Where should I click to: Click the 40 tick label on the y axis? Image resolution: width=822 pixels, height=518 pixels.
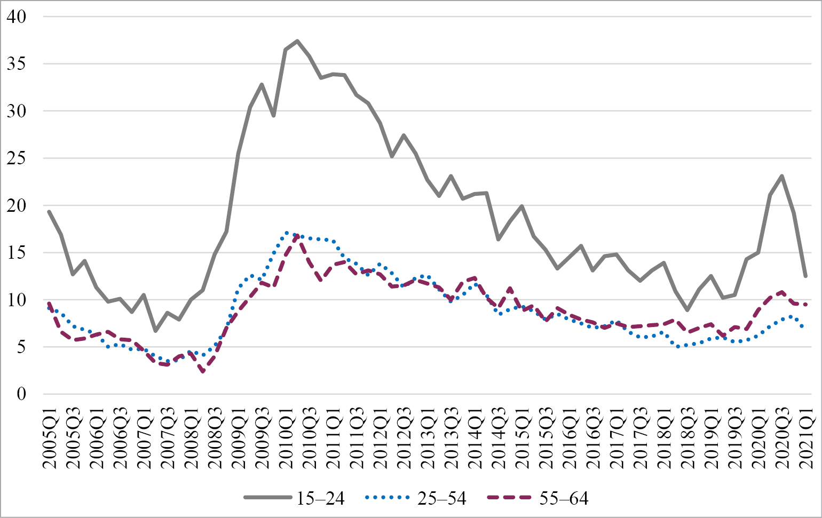pyautogui.click(x=15, y=17)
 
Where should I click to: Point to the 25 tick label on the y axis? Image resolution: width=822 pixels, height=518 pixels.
pyautogui.click(x=15, y=158)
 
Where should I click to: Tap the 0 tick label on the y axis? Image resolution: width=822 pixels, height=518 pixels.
pyautogui.click(x=21, y=394)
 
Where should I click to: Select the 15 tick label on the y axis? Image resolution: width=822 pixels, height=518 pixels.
pyautogui.click(x=15, y=253)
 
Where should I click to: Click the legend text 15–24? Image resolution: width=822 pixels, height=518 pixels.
pyautogui.click(x=321, y=498)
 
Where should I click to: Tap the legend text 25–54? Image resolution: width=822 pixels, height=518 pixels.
pyautogui.click(x=442, y=498)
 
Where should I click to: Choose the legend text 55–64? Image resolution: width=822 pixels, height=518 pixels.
pyautogui.click(x=564, y=498)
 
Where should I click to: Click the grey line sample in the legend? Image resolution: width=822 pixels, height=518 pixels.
pyautogui.click(x=267, y=498)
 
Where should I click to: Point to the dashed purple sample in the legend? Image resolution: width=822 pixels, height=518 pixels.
pyautogui.click(x=510, y=498)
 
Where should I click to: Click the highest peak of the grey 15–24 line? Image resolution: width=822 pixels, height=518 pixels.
pyautogui.click(x=297, y=41)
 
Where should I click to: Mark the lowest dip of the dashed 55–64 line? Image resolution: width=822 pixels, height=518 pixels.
pyautogui.click(x=203, y=372)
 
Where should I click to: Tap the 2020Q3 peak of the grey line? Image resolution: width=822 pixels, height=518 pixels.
pyautogui.click(x=782, y=176)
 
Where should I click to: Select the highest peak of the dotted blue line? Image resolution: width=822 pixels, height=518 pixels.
pyautogui.click(x=287, y=233)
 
